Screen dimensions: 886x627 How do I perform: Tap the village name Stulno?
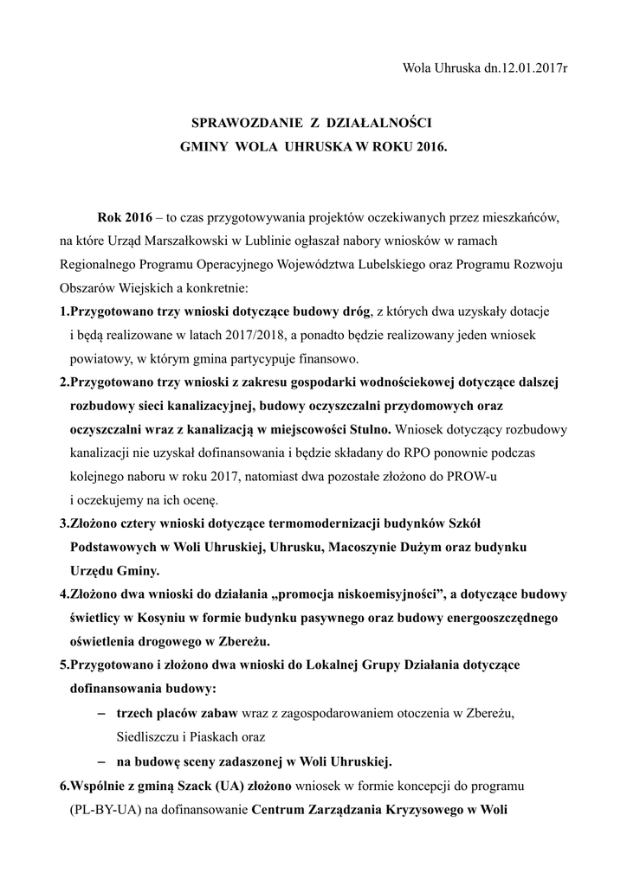click(x=367, y=429)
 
